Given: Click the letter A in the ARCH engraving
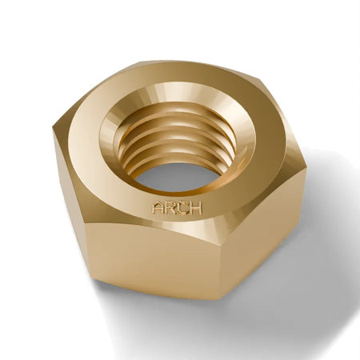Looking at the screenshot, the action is click(x=158, y=207).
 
